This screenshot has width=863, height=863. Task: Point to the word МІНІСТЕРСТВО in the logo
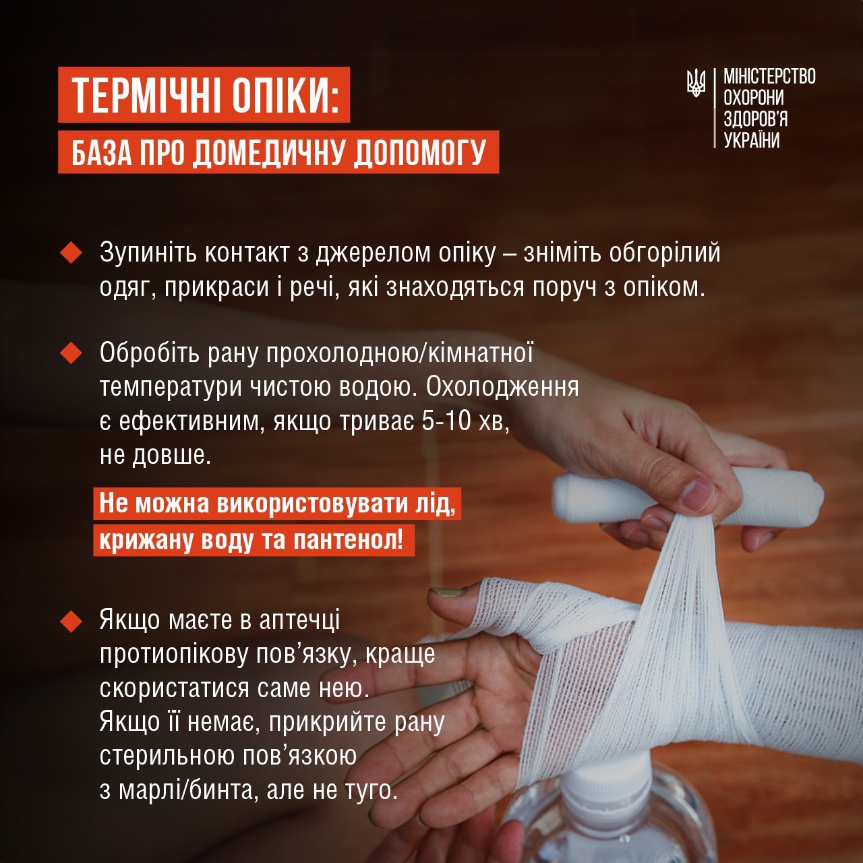pos(769,76)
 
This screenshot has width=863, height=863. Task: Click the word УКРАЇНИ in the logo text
pos(751,140)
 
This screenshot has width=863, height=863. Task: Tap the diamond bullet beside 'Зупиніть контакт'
pos(71,253)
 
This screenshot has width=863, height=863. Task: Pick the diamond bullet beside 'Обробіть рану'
pos(71,353)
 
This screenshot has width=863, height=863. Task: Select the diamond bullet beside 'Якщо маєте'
pos(71,620)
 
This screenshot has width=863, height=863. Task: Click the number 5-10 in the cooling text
pos(446,421)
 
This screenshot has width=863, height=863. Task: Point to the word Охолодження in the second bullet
pos(502,387)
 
